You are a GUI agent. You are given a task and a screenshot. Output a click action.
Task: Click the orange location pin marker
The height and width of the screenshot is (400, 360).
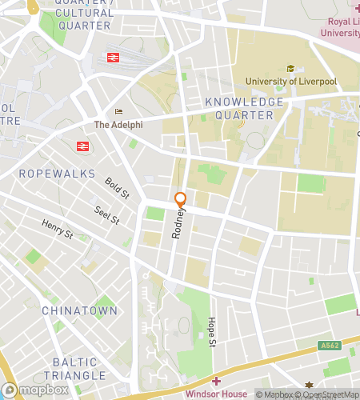tap(181, 201)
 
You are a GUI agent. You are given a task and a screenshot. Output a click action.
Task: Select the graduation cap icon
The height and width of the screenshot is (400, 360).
tap(290, 68)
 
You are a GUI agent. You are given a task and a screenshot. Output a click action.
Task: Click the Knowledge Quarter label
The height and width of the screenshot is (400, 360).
tap(244, 109)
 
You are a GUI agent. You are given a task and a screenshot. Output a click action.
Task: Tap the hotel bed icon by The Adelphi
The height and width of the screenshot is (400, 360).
tap(118, 112)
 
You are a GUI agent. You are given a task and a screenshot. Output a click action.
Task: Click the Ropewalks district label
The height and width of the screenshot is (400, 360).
tap(57, 174)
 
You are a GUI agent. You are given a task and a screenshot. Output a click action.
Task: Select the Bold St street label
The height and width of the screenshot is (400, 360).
tap(117, 189)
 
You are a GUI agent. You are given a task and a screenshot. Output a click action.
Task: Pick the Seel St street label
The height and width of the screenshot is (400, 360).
tap(106, 214)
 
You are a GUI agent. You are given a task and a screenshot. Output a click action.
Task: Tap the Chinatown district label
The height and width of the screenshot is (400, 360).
tap(79, 310)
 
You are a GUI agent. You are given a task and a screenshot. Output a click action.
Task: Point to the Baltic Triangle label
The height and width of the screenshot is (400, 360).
tap(74, 369)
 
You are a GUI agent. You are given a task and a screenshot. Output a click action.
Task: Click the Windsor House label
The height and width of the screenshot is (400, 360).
tap(216, 394)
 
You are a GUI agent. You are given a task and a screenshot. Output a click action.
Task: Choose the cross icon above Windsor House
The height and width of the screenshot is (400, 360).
tap(216, 381)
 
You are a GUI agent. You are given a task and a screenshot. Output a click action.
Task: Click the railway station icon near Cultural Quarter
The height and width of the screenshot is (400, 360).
tap(112, 58)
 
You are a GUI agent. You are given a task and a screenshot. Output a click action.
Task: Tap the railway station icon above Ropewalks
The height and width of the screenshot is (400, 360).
tap(82, 146)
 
